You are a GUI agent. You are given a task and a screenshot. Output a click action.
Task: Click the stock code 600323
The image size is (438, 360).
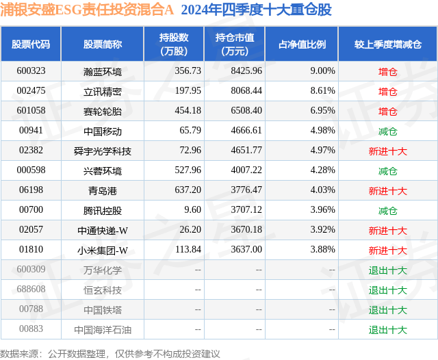31,70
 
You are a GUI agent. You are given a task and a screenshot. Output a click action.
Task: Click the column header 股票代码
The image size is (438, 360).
31,44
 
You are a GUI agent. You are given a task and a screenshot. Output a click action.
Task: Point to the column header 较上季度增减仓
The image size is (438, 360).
387,44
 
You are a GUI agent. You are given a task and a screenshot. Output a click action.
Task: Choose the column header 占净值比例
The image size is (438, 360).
302,44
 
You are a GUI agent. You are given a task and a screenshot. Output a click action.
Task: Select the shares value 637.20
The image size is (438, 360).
188,190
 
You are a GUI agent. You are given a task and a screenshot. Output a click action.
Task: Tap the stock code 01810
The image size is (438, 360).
31,250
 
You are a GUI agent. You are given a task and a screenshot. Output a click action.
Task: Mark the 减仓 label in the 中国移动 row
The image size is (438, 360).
387,130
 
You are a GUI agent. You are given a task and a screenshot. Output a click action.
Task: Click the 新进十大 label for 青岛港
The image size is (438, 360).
387,190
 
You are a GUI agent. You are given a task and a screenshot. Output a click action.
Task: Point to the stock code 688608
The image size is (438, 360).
31,290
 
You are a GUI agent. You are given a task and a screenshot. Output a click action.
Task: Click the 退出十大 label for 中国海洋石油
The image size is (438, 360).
387,329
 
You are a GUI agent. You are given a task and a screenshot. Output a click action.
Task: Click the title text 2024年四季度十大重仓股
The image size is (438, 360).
256,10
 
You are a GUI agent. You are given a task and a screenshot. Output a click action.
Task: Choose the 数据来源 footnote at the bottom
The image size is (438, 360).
110,353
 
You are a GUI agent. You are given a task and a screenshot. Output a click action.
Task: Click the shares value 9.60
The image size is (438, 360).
192,210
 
